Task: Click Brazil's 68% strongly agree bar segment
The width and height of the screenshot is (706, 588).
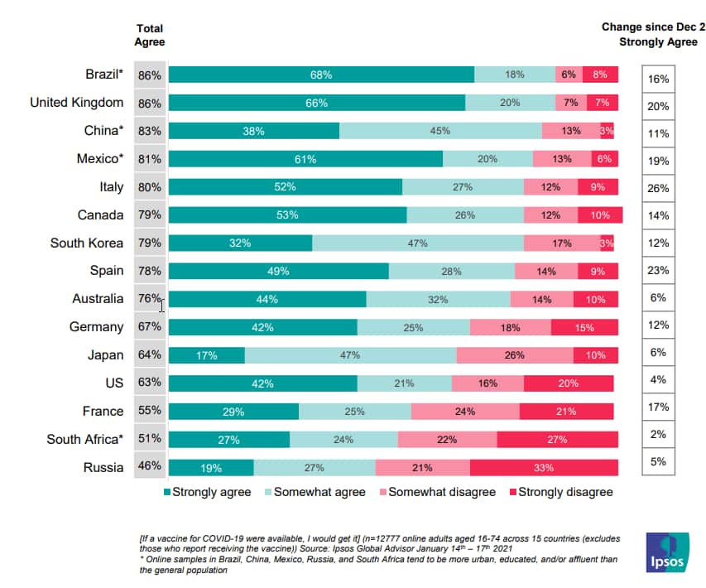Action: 321,75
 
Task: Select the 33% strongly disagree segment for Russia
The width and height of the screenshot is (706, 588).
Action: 543,468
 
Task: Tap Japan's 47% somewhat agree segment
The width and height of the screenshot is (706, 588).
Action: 350,355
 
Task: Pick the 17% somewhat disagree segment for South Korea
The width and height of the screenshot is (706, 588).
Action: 561,243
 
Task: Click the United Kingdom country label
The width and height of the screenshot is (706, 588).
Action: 77,103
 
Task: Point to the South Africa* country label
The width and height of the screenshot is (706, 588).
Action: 85,440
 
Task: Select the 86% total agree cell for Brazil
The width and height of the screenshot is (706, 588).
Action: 150,75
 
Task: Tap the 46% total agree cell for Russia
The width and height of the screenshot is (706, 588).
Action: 150,467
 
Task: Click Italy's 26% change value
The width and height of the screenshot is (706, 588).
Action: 658,188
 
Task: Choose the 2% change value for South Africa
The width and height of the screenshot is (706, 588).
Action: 658,434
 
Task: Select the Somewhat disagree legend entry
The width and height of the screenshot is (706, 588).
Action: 436,492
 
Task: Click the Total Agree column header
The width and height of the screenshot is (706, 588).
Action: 150,35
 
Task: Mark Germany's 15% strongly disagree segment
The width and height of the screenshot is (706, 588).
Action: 584,328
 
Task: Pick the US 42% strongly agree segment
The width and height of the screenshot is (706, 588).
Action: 262,383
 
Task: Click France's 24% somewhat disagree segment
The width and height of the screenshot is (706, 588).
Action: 465,412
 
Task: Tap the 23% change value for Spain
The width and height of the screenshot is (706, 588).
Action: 658,270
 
